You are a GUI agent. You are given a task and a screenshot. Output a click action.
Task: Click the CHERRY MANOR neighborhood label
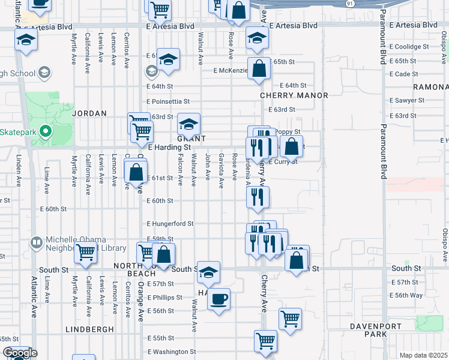click(294, 95)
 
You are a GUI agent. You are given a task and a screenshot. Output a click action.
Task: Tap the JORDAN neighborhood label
click(89, 113)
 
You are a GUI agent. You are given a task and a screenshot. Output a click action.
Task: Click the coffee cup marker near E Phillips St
click(219, 299)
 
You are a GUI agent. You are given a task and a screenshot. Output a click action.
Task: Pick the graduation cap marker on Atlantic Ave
click(27, 40)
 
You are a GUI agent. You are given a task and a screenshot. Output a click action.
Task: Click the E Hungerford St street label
click(170, 223)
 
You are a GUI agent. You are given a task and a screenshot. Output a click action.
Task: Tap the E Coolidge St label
click(409, 46)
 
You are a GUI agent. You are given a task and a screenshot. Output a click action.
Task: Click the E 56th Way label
click(406, 295)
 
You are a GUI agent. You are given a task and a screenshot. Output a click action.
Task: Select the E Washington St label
click(172, 352)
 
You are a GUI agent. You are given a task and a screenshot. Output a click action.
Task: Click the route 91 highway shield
click(349, 4)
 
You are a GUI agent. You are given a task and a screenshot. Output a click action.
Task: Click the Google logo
click(20, 353)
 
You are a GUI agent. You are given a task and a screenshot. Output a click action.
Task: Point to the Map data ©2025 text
click(423, 355)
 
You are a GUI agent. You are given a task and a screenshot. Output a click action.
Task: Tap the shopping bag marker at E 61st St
click(136, 172)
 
